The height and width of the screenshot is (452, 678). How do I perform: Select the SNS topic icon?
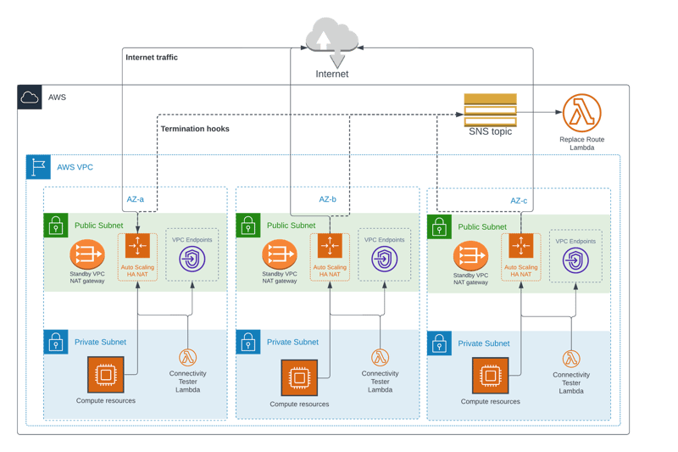(x=491, y=110)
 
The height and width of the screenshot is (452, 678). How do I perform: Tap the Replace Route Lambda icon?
(x=581, y=113)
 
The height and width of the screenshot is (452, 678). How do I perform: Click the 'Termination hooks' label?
(x=195, y=129)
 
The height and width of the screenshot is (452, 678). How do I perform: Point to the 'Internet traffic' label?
(x=152, y=58)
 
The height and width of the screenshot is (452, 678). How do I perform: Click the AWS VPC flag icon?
(x=38, y=167)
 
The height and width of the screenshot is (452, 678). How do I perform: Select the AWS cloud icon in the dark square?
(x=30, y=98)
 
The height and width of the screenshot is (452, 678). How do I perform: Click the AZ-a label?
(x=135, y=199)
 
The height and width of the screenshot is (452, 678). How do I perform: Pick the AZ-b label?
(x=327, y=199)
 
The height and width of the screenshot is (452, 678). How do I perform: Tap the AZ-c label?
(x=519, y=201)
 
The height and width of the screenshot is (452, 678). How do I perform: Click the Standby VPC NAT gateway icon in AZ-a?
(x=87, y=254)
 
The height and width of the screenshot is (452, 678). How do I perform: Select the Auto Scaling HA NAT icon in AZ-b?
(x=330, y=246)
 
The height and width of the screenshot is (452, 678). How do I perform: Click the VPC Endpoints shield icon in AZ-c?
(x=575, y=260)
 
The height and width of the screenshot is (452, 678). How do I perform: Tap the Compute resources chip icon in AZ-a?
(x=106, y=375)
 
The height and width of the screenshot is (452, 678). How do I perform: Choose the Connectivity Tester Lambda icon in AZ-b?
(x=380, y=357)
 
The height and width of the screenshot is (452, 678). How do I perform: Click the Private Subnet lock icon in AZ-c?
(x=439, y=343)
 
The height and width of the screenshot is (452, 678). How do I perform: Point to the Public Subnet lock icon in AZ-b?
(x=248, y=226)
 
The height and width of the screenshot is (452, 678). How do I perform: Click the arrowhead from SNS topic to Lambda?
(x=559, y=112)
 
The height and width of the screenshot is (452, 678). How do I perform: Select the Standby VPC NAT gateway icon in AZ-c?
(x=471, y=255)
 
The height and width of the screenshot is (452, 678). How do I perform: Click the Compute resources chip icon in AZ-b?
(x=299, y=377)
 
